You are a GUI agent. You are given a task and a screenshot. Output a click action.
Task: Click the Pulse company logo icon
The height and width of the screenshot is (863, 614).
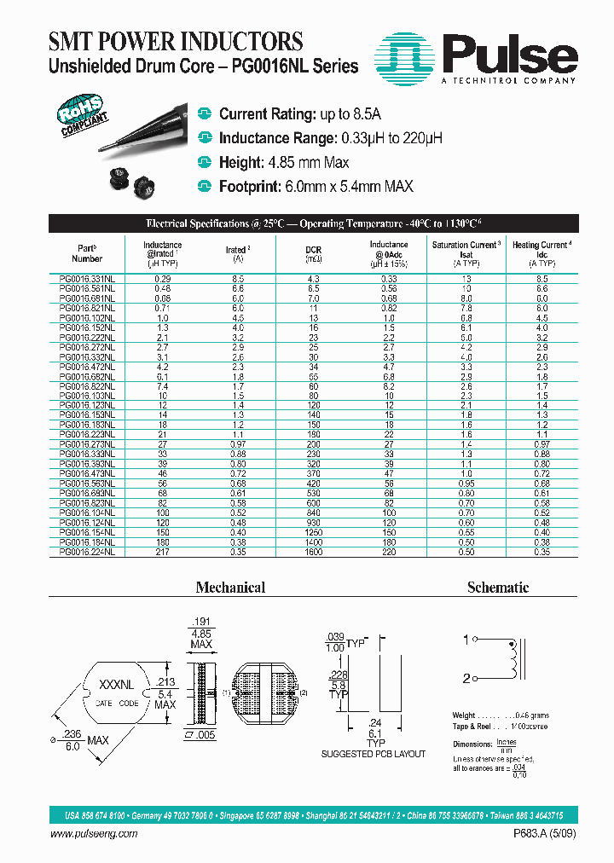(x=412, y=57)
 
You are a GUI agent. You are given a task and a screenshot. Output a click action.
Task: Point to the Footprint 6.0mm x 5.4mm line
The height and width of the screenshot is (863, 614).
(x=316, y=186)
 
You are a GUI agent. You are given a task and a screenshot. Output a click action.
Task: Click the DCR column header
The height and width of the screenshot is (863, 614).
(x=313, y=252)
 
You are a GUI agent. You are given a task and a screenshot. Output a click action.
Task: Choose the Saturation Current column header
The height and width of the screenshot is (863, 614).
(x=466, y=253)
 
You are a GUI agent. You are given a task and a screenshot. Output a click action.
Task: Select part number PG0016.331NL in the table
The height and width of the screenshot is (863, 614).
(x=88, y=279)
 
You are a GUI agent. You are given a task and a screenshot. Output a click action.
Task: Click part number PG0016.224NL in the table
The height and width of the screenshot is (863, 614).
(x=88, y=552)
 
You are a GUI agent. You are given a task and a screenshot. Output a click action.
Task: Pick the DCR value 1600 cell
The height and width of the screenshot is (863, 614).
(x=313, y=552)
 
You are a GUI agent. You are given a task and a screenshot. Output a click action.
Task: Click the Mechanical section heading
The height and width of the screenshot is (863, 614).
(x=230, y=588)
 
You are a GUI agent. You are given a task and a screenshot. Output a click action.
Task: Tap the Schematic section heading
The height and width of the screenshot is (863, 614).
(x=498, y=588)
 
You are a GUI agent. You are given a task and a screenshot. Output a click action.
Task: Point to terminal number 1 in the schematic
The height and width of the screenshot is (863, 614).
(x=465, y=639)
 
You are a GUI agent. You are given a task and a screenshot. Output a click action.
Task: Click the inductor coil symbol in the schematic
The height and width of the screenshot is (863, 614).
(x=513, y=658)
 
